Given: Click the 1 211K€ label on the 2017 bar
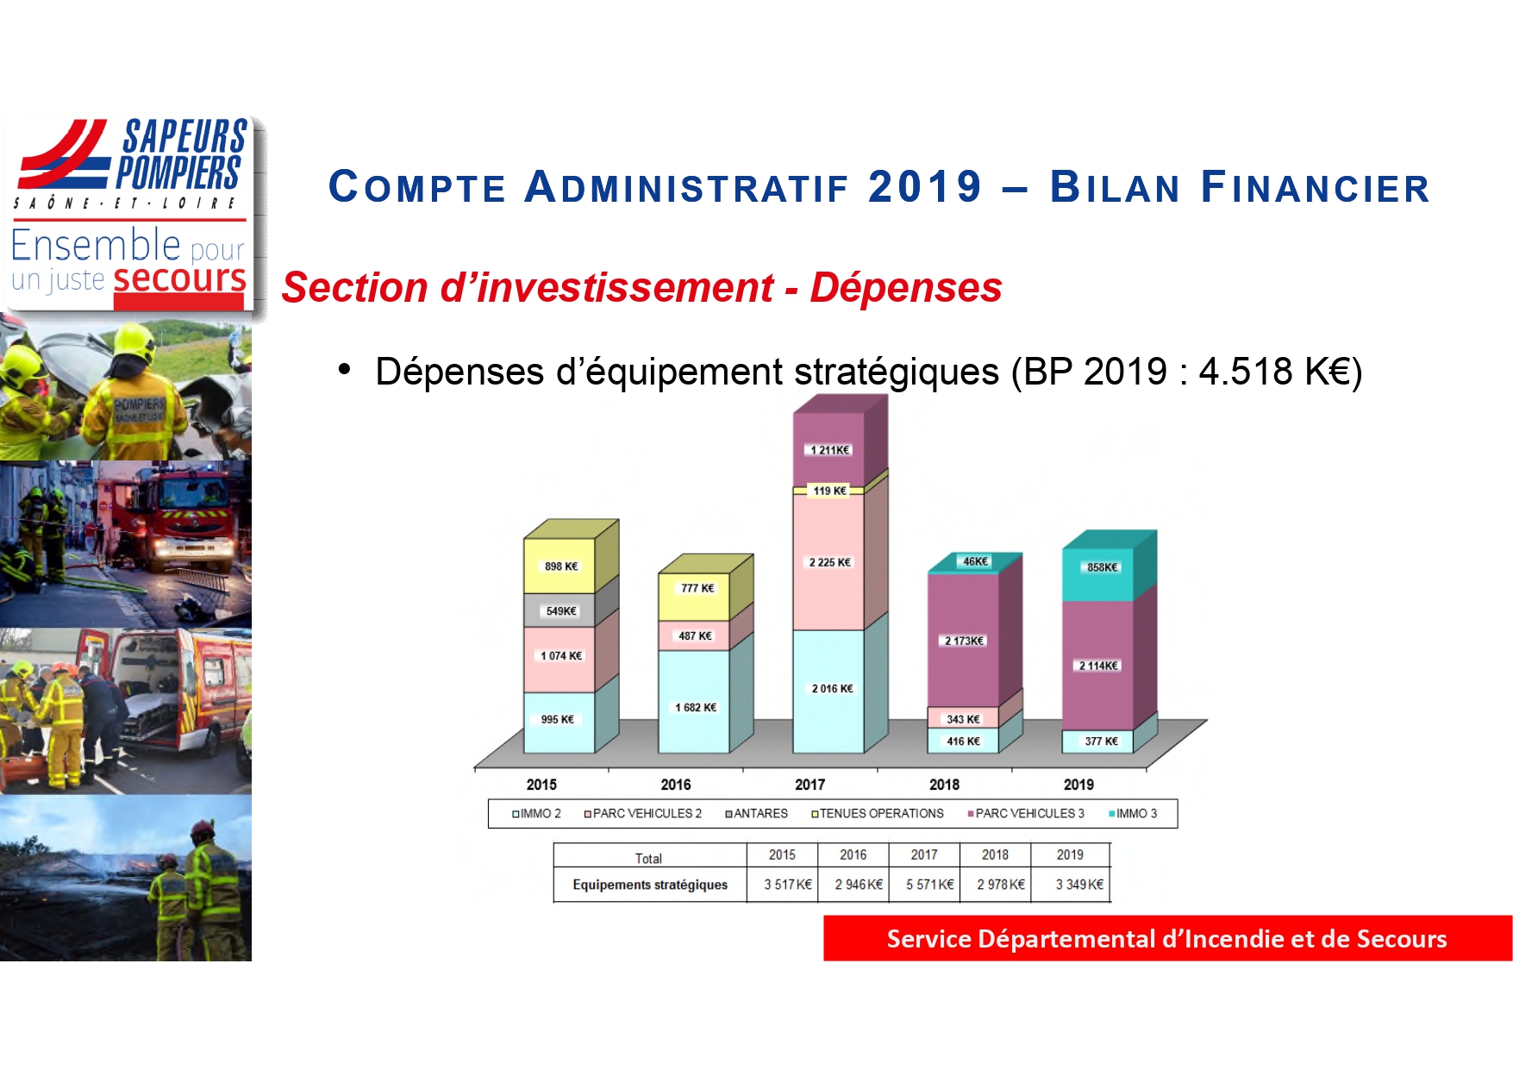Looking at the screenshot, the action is (829, 450).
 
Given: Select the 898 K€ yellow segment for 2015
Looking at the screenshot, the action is (560, 566).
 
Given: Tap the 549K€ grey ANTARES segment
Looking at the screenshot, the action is (560, 610).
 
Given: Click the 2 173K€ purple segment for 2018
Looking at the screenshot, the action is (963, 641).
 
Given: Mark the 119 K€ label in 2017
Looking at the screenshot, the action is (829, 491).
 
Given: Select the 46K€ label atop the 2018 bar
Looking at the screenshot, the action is (975, 561).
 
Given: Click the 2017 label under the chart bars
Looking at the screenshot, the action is (810, 785).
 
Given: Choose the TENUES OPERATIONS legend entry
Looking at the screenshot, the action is (877, 813).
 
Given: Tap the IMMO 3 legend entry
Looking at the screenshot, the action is (1133, 813).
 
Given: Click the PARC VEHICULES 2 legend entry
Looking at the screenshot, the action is (642, 813).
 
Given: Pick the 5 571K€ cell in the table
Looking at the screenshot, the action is (929, 885).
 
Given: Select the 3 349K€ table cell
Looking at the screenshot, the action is (1079, 885).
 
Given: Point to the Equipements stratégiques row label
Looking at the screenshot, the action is (650, 885).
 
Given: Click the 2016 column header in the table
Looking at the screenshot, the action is (853, 854).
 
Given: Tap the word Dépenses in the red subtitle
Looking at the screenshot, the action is (905, 287).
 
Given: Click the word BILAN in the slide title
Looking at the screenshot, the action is (1115, 187).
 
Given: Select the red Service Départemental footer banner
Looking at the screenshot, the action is (1167, 938).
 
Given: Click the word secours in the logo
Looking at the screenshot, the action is (179, 278).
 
